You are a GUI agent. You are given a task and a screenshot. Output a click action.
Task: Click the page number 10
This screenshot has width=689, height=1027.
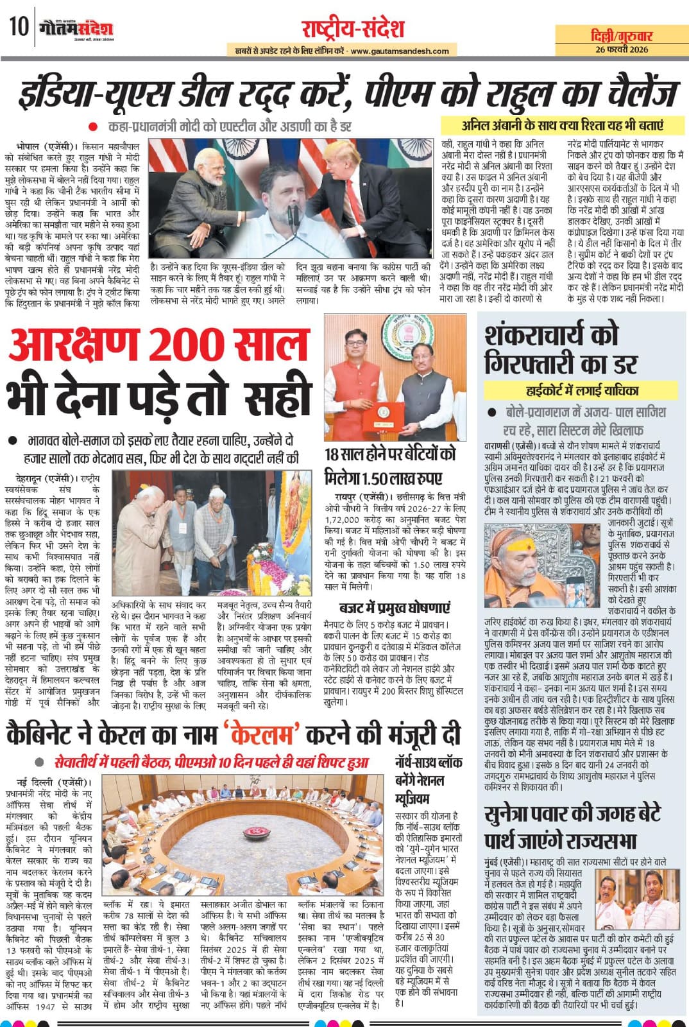click(17, 27)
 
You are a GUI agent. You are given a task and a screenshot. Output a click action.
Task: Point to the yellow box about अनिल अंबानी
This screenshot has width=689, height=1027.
click(562, 125)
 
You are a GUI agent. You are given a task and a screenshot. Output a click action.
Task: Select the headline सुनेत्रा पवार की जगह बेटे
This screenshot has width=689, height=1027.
click(573, 813)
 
